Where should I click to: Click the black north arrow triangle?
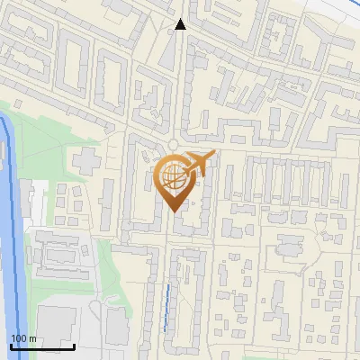pyautogui.click(x=181, y=24)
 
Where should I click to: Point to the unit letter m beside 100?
pyautogui.click(x=31, y=338)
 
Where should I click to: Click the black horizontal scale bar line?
pyautogui.click(x=41, y=346)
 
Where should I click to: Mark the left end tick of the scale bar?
pyautogui.click(x=10, y=345)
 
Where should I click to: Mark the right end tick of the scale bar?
pyautogui.click(x=74, y=345)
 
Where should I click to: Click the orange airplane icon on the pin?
pyautogui.click(x=200, y=164)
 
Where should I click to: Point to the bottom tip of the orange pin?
pyautogui.click(x=174, y=210)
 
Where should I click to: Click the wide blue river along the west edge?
pyautogui.click(x=12, y=225)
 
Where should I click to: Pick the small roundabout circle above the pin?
pyautogui.click(x=174, y=146)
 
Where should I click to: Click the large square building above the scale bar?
pyautogui.click(x=56, y=324)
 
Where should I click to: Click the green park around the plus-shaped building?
pyautogui.click(x=54, y=144)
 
